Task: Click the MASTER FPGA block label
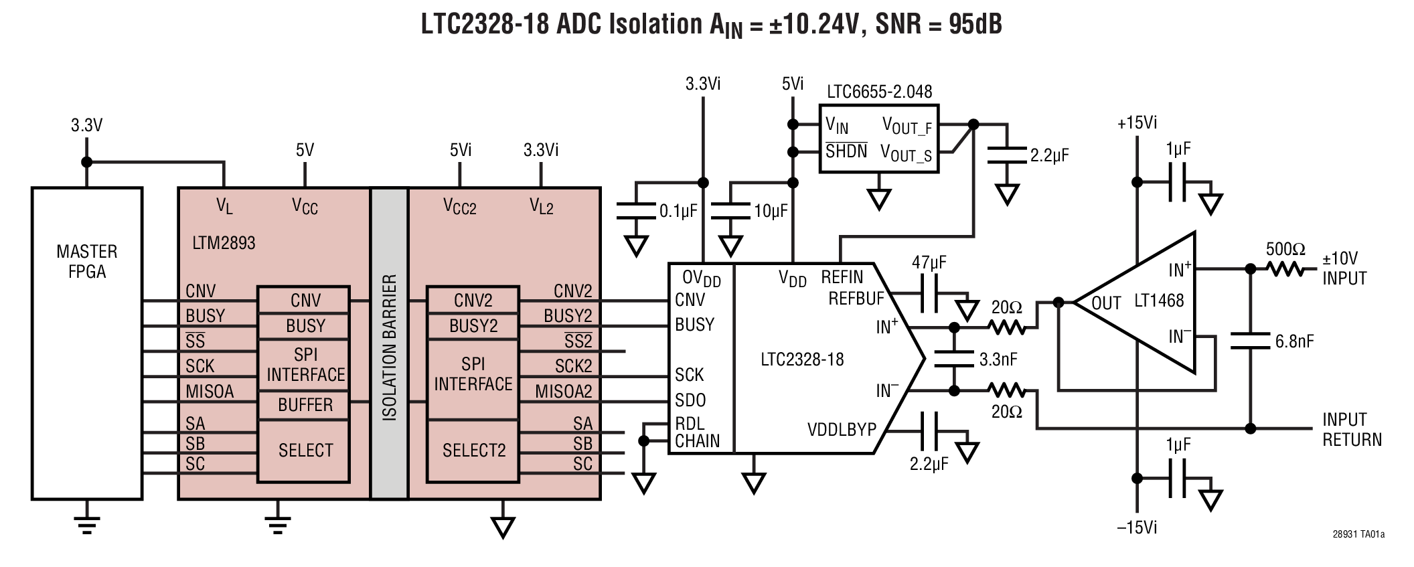(x=86, y=262)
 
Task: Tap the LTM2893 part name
(x=224, y=243)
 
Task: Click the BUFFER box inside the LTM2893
(x=305, y=405)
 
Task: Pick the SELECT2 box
(x=473, y=451)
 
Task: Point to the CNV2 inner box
(x=473, y=301)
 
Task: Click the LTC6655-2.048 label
(x=879, y=92)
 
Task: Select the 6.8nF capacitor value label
(x=1293, y=341)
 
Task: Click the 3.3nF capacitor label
(x=998, y=359)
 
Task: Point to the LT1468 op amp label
(x=1158, y=301)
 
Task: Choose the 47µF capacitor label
(x=929, y=263)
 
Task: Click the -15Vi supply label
(x=1137, y=528)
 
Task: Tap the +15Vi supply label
(x=1137, y=123)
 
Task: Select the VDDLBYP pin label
(x=842, y=430)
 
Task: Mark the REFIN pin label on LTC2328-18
(x=842, y=277)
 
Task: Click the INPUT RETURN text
(x=1351, y=430)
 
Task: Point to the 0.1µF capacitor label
(x=678, y=212)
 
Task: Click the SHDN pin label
(x=846, y=151)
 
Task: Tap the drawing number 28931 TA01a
(x=1358, y=534)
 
